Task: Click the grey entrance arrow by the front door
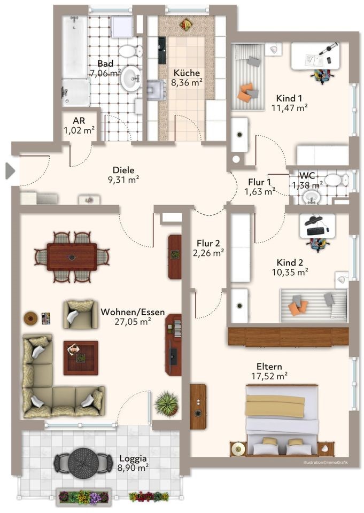coord(10,171)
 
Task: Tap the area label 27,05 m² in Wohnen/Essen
coord(133,322)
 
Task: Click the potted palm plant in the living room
coord(167,403)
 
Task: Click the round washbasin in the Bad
coord(131,79)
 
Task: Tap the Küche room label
coord(187,72)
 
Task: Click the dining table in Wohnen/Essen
coord(72,257)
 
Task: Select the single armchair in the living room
coord(80,314)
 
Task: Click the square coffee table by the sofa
coord(81,357)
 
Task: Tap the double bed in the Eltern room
coord(282,420)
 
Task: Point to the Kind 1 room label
coord(289,98)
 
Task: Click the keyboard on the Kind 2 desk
coord(316,231)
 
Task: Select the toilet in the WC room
coord(335,180)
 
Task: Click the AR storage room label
coord(79,120)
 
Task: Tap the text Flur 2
coord(208,243)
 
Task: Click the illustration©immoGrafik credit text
coord(326,462)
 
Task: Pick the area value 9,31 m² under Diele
coord(123,180)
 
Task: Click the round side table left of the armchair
coord(30,317)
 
